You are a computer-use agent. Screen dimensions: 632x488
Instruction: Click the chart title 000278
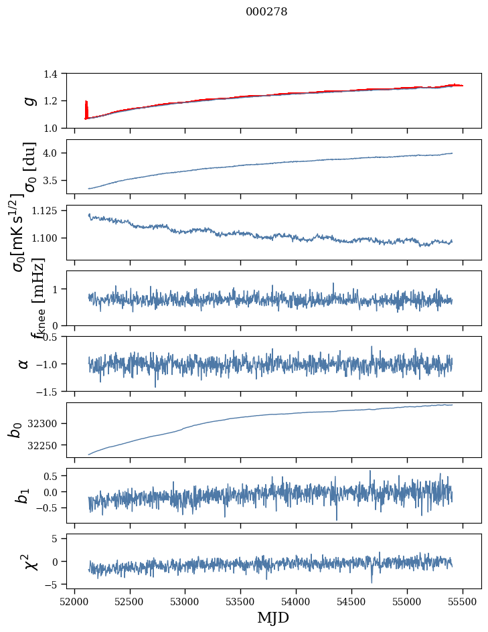coord(266,11)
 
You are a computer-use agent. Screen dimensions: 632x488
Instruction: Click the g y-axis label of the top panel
coord(29,100)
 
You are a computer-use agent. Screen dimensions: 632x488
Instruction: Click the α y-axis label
coord(24,364)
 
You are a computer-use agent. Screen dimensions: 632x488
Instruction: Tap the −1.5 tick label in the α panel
coord(52,391)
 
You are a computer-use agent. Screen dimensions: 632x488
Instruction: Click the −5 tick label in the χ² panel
coord(57,584)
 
